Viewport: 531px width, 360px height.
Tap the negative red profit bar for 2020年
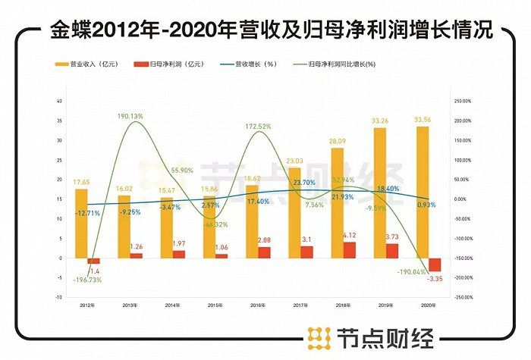(x=434, y=265)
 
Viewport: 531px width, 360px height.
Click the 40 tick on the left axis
(x=60, y=101)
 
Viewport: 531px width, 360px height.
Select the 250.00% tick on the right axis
(x=463, y=101)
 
